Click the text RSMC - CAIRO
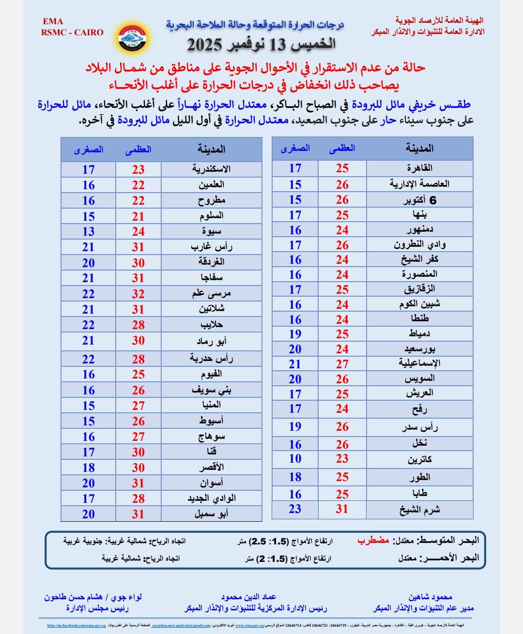[x=72, y=32]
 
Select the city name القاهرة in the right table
[x=419, y=168]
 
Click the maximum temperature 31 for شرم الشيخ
[x=342, y=509]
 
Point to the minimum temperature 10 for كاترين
[x=295, y=458]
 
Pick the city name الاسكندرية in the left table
[x=211, y=169]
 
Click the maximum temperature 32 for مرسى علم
[x=138, y=294]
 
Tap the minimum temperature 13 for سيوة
[x=88, y=231]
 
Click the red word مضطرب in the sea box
[x=373, y=541]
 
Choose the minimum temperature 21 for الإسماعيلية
[x=295, y=364]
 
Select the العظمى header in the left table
[x=138, y=150]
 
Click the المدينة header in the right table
[x=419, y=149]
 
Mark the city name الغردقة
[x=211, y=262]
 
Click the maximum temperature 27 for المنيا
[x=138, y=405]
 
